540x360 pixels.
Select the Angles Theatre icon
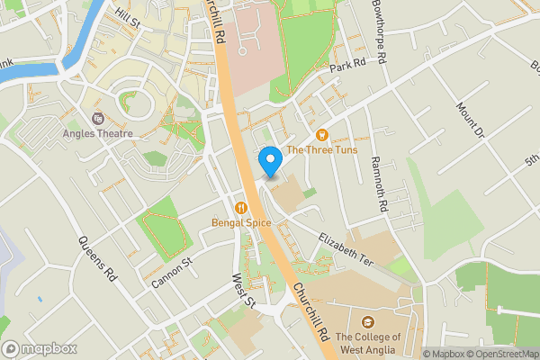click(98, 118)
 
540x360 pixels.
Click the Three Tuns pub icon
click(322, 135)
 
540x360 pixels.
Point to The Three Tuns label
click(321, 149)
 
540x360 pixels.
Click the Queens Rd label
click(98, 257)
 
